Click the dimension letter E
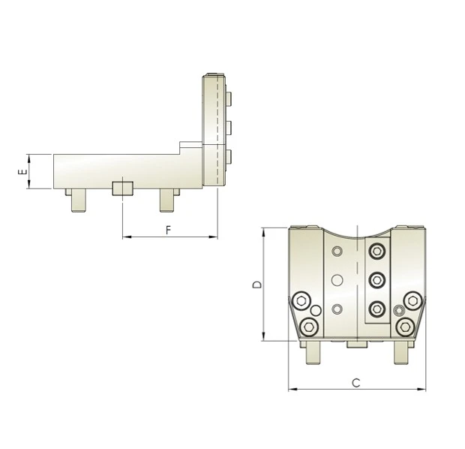[x=22, y=172]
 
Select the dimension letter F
[x=168, y=231]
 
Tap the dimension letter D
[x=256, y=285]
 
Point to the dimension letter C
[x=356, y=383]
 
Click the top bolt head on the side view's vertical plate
[x=229, y=98]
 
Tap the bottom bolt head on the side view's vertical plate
[x=229, y=156]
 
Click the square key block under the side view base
[x=121, y=188]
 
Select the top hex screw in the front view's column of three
[x=376, y=252]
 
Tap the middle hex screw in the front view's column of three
[x=376, y=280]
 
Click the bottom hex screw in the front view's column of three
[x=376, y=308]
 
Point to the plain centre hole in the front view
[x=337, y=280]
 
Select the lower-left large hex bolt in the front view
[x=308, y=326]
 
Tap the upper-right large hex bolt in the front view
[x=412, y=301]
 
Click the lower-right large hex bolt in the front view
[x=406, y=326]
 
